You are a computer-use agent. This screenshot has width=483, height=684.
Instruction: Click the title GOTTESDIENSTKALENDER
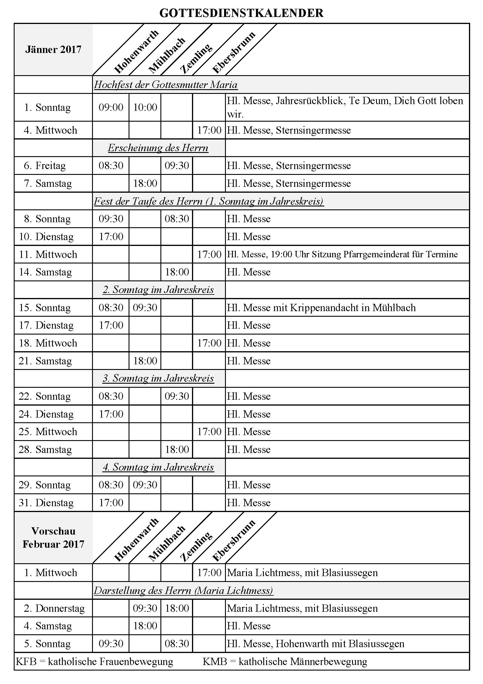pos(241,13)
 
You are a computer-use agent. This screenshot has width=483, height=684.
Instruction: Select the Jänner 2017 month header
pos(53,49)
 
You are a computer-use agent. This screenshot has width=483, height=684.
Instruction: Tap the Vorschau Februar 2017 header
pos(53,537)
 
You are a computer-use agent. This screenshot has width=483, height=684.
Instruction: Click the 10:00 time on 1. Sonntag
pos(145,107)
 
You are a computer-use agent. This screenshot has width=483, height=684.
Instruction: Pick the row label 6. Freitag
pos(45,166)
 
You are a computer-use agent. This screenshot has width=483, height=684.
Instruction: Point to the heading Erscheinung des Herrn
pos(158,148)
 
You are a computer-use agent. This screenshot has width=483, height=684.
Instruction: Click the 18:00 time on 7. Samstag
pos(145,183)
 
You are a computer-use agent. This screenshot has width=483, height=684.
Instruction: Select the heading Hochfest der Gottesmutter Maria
pos(166,85)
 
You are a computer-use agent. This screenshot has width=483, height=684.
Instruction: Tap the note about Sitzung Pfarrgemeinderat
pos(342,254)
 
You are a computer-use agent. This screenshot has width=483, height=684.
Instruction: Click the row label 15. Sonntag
pos(45,307)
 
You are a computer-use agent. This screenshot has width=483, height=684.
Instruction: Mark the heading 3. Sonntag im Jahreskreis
pos(158,378)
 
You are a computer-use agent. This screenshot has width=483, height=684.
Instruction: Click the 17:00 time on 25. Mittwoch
pos(209,432)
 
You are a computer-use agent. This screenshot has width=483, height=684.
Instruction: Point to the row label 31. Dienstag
pos(46,503)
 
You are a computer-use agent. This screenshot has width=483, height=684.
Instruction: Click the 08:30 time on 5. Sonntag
pos(177,644)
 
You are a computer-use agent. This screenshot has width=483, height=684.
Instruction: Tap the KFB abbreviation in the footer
pos(26,662)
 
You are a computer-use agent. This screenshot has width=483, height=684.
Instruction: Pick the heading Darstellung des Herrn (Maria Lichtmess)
pos(183,591)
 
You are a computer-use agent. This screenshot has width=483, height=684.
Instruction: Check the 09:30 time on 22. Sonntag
pos(177,396)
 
